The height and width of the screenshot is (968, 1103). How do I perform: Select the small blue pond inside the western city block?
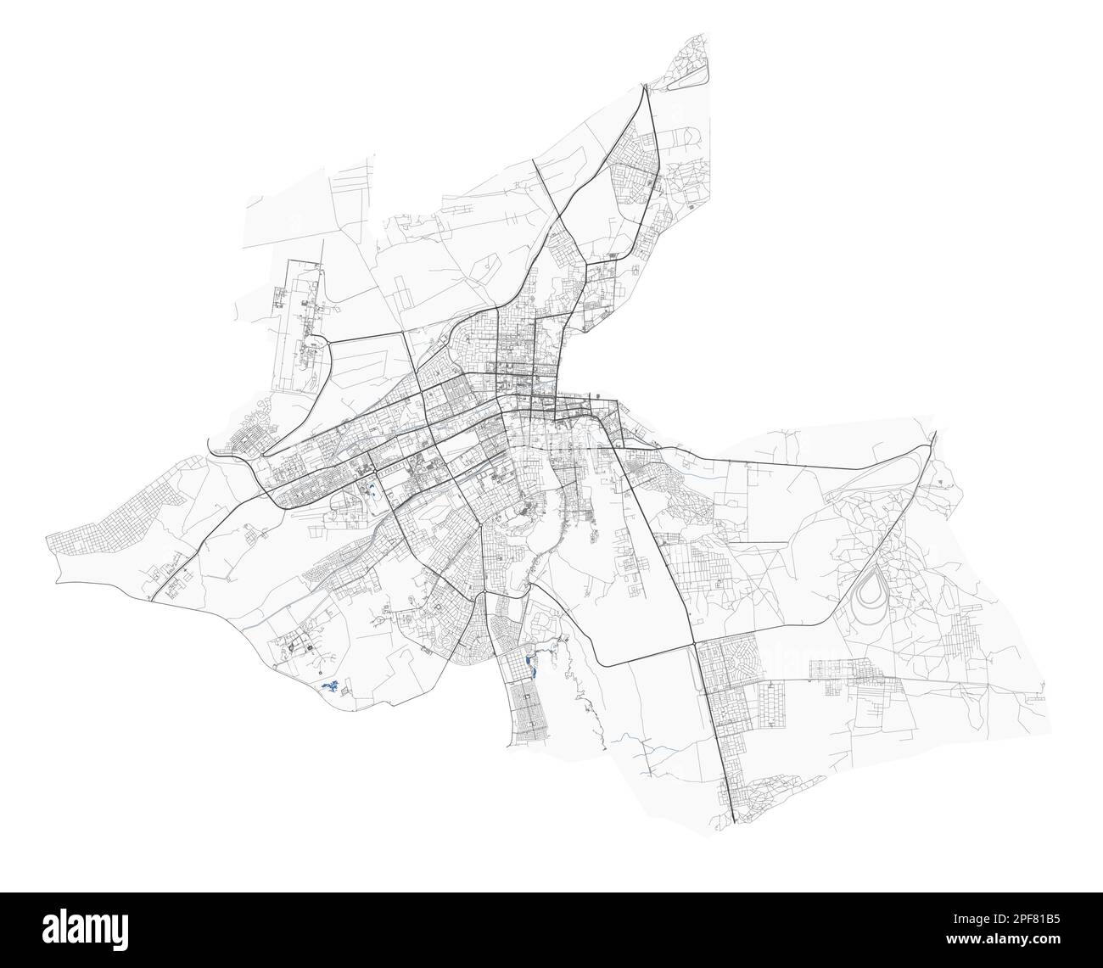pos(372,489)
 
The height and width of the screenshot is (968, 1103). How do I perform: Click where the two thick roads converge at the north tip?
pos(647,89)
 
